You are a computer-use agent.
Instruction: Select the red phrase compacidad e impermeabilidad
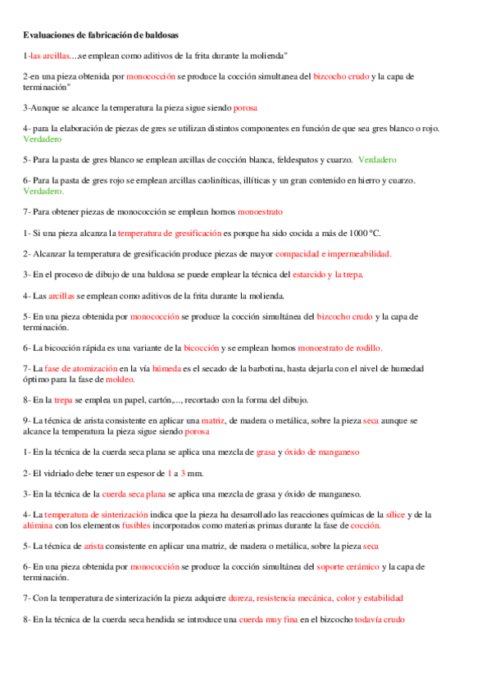click(x=333, y=253)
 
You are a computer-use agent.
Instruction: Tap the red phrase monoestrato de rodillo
click(x=339, y=347)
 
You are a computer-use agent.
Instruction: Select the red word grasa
click(x=266, y=452)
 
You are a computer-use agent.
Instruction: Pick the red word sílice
click(x=395, y=514)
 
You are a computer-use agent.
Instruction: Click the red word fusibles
click(x=136, y=525)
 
